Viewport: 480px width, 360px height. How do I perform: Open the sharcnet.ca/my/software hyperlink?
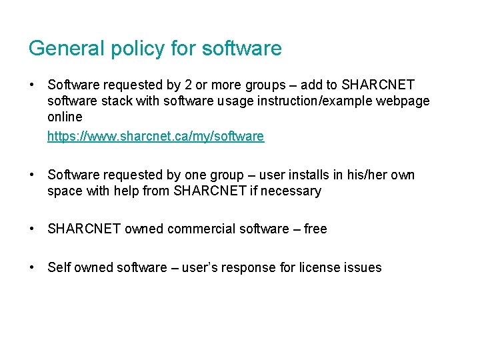(x=155, y=136)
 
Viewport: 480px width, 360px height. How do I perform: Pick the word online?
(x=65, y=117)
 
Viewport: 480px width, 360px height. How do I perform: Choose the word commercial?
(x=199, y=229)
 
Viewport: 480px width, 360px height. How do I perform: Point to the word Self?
(x=59, y=267)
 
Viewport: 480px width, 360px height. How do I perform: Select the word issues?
(x=361, y=267)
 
